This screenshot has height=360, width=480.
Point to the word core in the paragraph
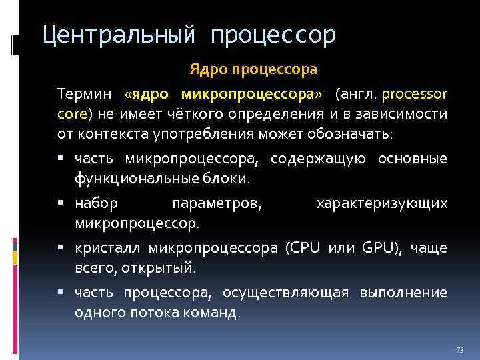pos(71,113)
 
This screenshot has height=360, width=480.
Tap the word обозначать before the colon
pos(349,134)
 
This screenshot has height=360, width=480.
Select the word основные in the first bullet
pos(412,158)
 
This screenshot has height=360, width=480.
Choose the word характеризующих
pos(381,203)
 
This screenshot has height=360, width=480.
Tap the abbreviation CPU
pos(301,248)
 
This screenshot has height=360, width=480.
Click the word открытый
pos(165,269)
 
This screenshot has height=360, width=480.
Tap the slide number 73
pos(459,350)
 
